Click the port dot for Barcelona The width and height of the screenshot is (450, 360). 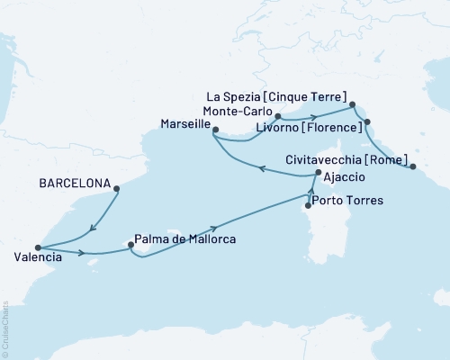pos(116,188)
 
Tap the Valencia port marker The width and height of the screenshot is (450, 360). pos(37,248)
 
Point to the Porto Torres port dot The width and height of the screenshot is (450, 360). pos(309,205)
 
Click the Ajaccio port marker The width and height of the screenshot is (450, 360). pos(318,173)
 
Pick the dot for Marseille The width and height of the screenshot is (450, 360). pos(215,131)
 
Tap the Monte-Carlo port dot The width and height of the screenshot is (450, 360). pos(278,117)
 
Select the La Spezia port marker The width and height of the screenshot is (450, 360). pos(352,104)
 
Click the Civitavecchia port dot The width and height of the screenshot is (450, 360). pos(413,166)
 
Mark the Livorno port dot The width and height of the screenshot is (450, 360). pos(366,121)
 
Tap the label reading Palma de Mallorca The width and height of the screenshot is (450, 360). pos(184,240)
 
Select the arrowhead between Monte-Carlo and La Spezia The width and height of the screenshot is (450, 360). pos(310,115)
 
